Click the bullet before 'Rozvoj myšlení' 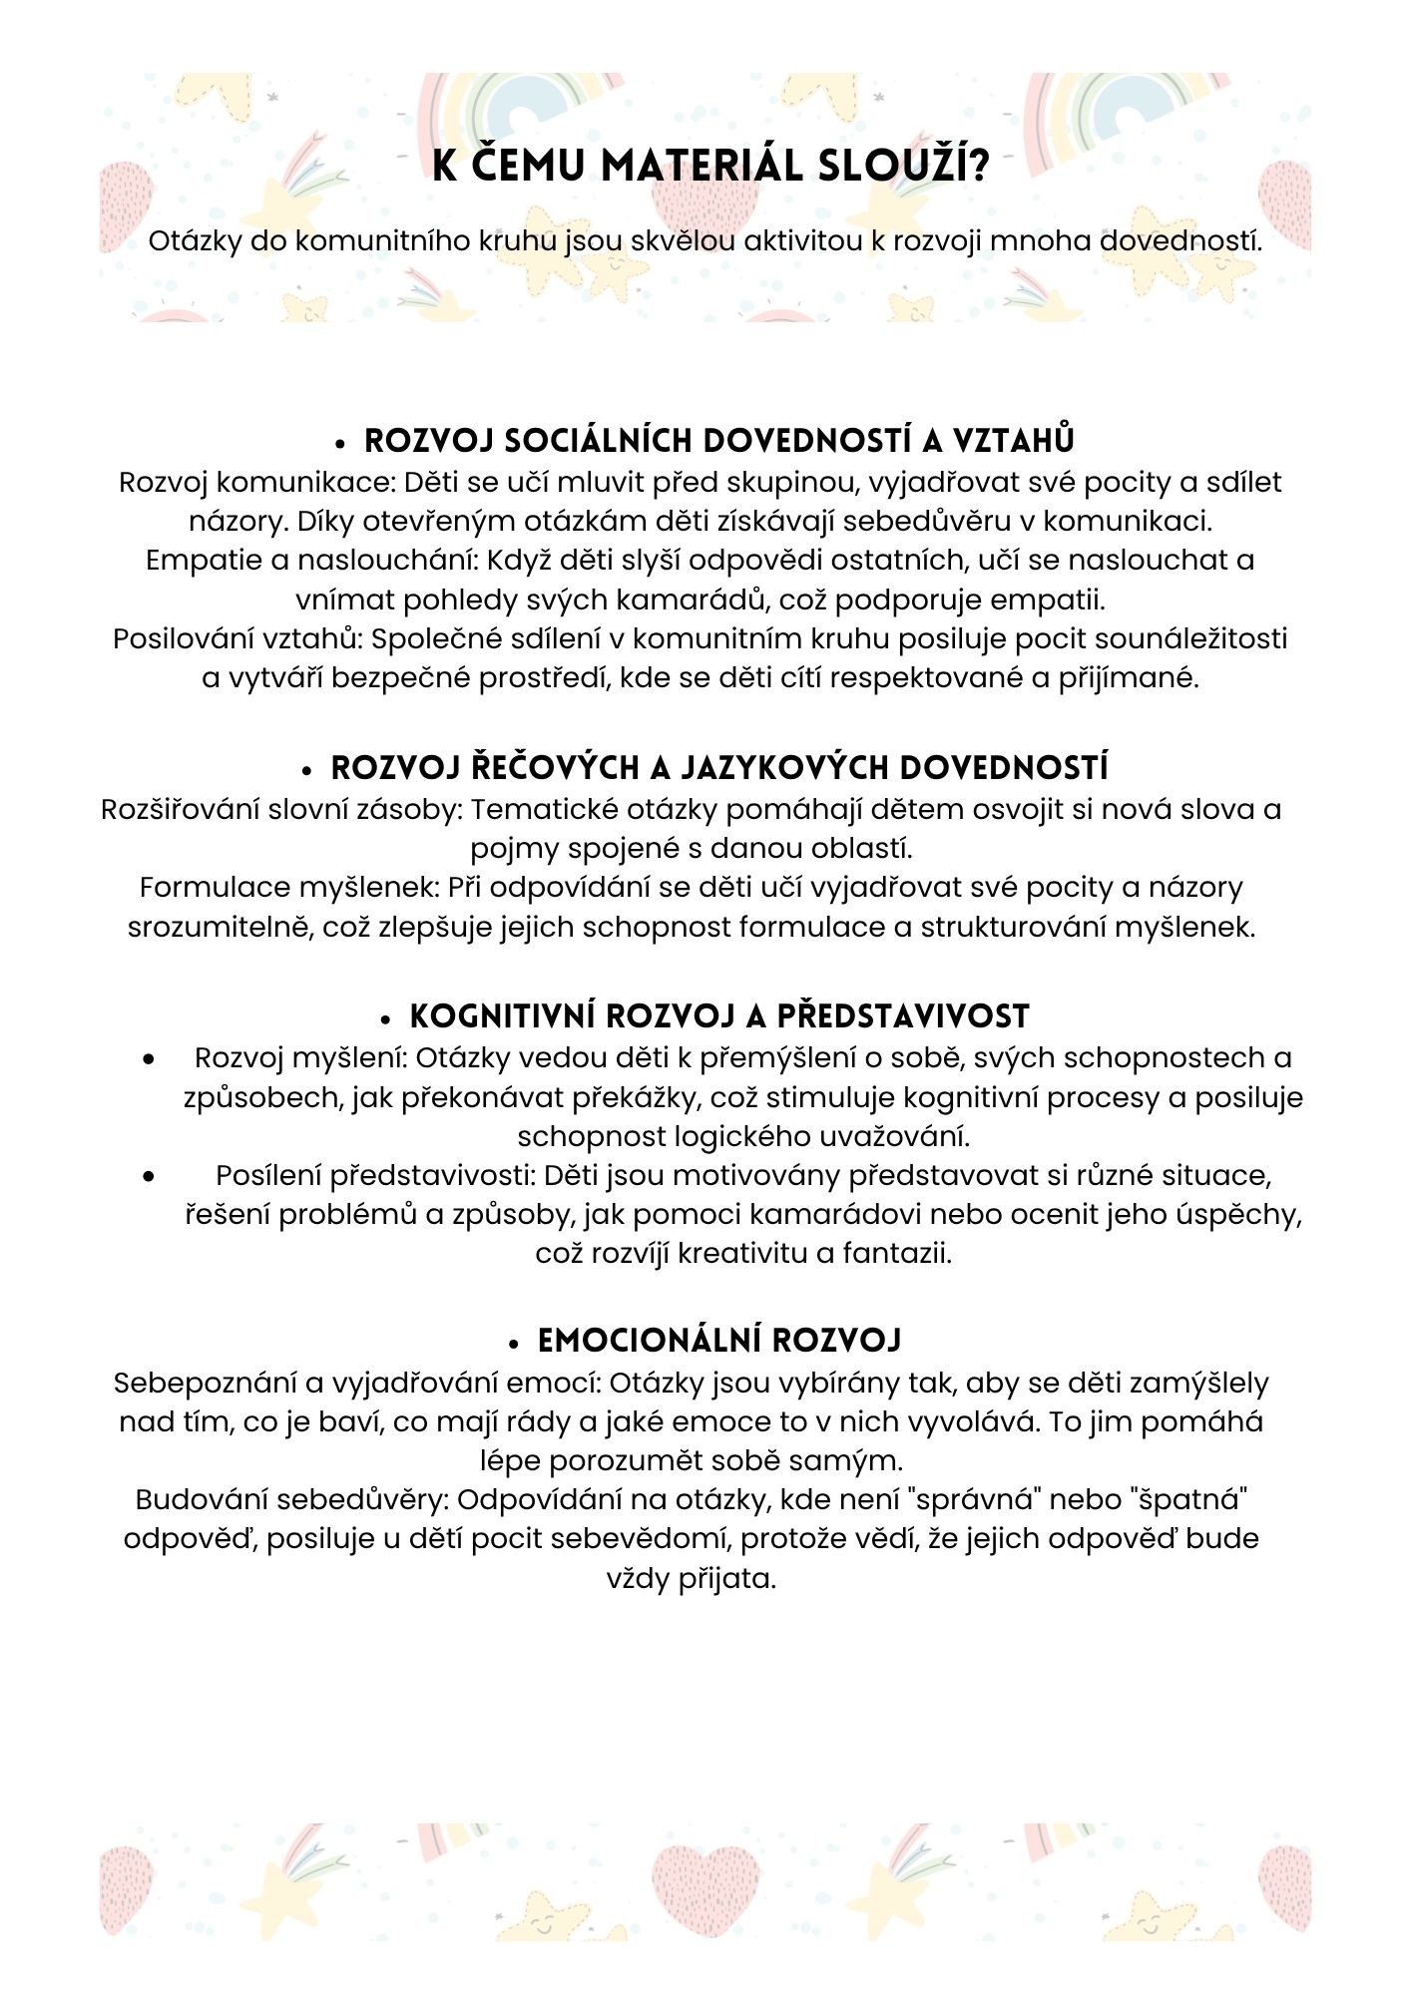click(149, 1058)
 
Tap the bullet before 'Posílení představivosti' click(149, 1176)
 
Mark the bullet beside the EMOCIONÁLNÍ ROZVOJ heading click(515, 1344)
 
